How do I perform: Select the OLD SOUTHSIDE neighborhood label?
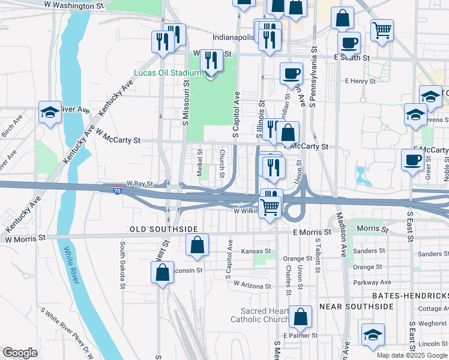pyautogui.click(x=164, y=229)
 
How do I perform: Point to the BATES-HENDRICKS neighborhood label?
pyautogui.click(x=410, y=296)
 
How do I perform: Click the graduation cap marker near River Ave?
pyautogui.click(x=50, y=111)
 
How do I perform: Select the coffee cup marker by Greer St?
pyautogui.click(x=412, y=160)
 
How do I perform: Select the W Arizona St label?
pyautogui.click(x=253, y=284)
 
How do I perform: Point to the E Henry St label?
pyautogui.click(x=360, y=80)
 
